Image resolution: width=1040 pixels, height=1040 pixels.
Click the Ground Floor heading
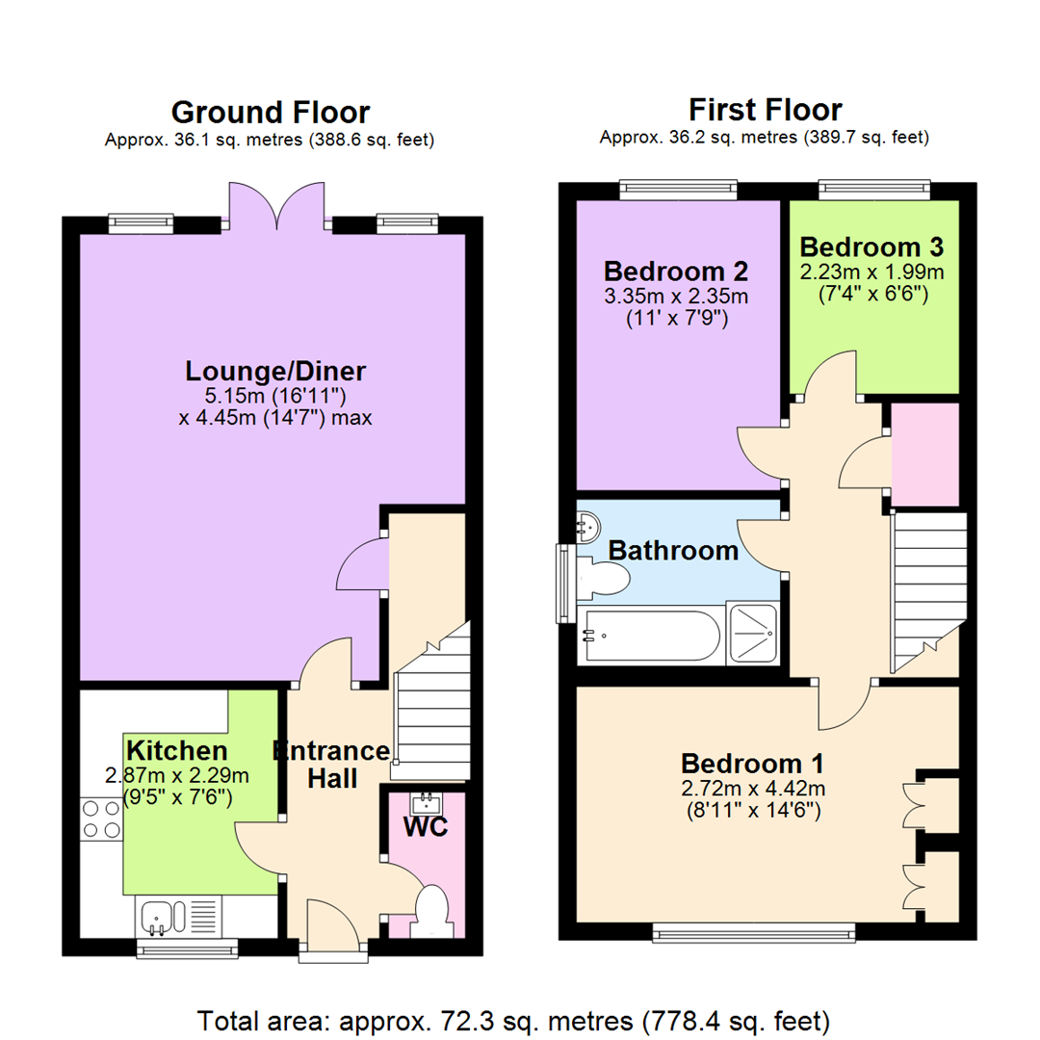pos(271,112)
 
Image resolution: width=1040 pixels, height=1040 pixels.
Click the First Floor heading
pos(766,110)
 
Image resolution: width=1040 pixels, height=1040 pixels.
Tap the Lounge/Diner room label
pos(275,371)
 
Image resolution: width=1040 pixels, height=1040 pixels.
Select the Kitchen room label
pos(177,751)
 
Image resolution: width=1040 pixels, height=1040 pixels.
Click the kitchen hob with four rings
pos(101,819)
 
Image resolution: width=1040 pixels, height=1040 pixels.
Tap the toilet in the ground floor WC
pos(431,911)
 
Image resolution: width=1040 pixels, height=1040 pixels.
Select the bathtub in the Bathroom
pos(649,636)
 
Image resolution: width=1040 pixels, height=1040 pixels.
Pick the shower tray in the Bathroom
pos(753,634)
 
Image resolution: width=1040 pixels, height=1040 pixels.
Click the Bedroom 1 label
pos(753,764)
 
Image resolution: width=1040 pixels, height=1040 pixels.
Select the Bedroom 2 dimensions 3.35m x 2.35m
pos(676,296)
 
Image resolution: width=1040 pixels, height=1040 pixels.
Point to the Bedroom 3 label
pos(871,247)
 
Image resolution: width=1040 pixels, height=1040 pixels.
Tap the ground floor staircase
pos(432,702)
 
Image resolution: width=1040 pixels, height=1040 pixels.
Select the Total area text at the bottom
pos(513,1022)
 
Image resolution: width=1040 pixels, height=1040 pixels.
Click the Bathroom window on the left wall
pos(565,584)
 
